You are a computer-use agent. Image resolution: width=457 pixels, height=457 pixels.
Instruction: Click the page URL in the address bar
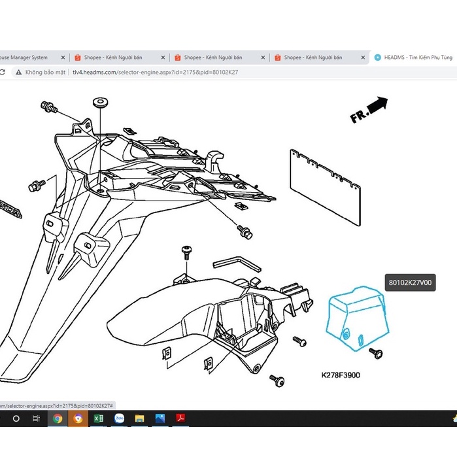155,72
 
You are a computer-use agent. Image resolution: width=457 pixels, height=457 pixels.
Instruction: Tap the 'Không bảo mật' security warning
45,72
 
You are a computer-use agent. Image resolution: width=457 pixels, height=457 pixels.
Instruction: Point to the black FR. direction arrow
377,105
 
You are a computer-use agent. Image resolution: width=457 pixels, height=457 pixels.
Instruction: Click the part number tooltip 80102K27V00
411,283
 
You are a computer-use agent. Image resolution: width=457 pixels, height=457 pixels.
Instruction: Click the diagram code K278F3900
341,375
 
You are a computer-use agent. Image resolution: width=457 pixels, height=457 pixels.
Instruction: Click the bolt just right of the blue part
375,353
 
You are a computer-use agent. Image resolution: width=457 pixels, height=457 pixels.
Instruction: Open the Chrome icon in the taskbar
58,418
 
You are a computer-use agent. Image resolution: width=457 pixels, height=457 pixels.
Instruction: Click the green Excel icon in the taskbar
99,418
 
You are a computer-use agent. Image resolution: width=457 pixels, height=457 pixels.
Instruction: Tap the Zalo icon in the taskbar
119,418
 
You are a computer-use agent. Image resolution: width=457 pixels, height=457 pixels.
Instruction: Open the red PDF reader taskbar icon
180,418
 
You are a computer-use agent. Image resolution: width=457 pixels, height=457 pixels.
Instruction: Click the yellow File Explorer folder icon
139,418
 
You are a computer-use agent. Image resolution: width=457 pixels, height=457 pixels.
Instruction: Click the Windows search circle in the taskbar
16,418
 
